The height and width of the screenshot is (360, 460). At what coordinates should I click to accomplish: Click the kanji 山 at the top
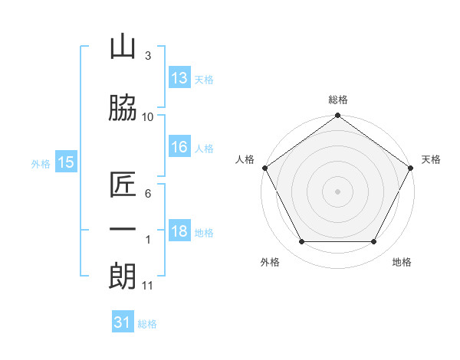click(123, 48)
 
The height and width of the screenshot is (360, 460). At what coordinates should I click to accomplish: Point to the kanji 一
click(123, 229)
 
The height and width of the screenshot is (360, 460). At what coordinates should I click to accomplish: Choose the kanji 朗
click(123, 275)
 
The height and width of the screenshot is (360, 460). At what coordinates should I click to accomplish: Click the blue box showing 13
click(179, 78)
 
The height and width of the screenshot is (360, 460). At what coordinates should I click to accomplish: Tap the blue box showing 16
click(179, 147)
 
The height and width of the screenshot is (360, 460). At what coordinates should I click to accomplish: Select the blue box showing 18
click(179, 231)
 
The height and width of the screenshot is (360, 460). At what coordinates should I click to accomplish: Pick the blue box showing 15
click(65, 162)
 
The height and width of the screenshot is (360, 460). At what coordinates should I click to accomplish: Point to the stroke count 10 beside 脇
click(148, 116)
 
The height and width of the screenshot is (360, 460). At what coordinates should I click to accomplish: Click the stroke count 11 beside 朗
click(148, 286)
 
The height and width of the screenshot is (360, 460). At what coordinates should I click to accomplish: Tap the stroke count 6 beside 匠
click(148, 194)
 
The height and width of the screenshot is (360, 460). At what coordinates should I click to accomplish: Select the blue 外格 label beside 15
click(41, 163)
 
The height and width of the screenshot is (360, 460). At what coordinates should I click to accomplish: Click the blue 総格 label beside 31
click(147, 324)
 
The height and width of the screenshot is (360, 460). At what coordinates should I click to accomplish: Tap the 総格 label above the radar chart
click(337, 100)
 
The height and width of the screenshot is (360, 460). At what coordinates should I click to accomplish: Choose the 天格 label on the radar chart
click(432, 159)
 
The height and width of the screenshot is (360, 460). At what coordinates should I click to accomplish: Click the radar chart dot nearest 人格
click(264, 168)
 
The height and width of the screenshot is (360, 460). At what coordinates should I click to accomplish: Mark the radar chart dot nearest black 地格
click(374, 242)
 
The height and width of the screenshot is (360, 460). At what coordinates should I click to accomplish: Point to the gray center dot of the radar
click(337, 191)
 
